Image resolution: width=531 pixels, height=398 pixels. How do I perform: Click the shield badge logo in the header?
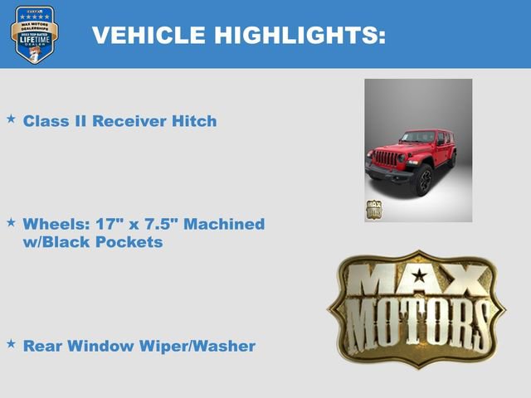point(35,35)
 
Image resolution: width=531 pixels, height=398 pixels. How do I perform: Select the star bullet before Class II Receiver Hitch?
point(11,119)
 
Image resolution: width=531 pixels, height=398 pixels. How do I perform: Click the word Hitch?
point(194,121)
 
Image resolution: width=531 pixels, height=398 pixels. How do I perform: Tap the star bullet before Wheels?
point(11,223)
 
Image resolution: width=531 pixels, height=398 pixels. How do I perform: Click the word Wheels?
point(53,225)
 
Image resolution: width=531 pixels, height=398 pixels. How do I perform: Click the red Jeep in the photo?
point(412,158)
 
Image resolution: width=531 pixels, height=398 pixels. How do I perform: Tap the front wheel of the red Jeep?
point(423,178)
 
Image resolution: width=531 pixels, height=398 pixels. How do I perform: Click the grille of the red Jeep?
point(387,158)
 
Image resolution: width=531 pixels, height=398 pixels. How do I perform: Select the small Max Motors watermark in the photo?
point(373,208)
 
